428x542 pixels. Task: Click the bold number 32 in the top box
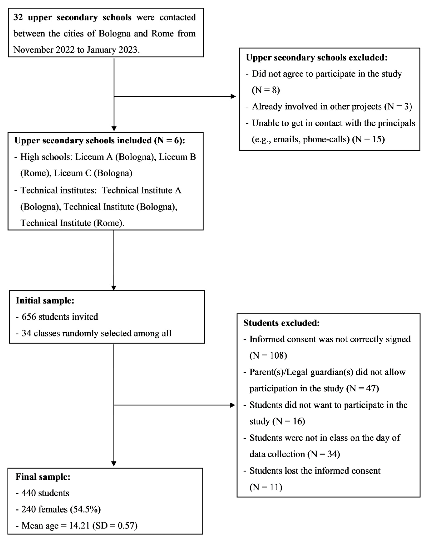tap(18, 17)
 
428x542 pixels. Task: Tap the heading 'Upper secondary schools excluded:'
tap(317, 58)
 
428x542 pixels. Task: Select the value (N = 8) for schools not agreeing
tap(266, 90)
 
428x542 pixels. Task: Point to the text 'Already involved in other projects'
tap(317, 106)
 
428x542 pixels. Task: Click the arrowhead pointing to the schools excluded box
tap(233, 96)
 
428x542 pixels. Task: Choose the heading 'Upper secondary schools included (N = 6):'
tap(99, 140)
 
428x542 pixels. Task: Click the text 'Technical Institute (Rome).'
tap(72, 223)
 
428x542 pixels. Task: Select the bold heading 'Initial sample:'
tap(45, 300)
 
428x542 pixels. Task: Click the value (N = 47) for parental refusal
tap(362, 388)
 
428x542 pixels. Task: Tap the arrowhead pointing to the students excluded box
tap(233, 405)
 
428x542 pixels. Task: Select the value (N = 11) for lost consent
tap(266, 487)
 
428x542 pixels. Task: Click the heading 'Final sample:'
tap(43, 477)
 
